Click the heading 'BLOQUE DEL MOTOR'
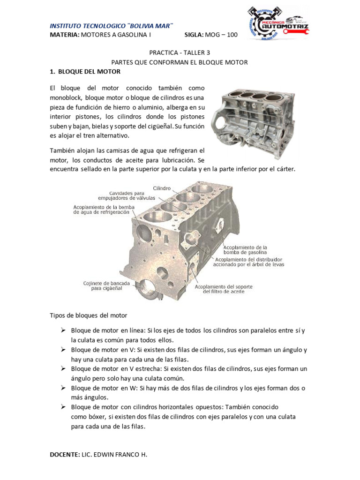click(x=88, y=72)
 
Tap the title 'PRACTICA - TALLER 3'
click(x=180, y=53)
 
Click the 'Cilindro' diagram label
click(x=162, y=187)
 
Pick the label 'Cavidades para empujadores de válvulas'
click(x=132, y=195)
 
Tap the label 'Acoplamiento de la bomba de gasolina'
click(x=246, y=249)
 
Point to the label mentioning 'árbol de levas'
click(x=248, y=262)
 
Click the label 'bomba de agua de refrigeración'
click(x=101, y=209)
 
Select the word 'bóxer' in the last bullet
click(x=96, y=417)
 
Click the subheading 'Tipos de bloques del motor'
click(x=88, y=315)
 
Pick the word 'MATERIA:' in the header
click(x=65, y=35)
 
